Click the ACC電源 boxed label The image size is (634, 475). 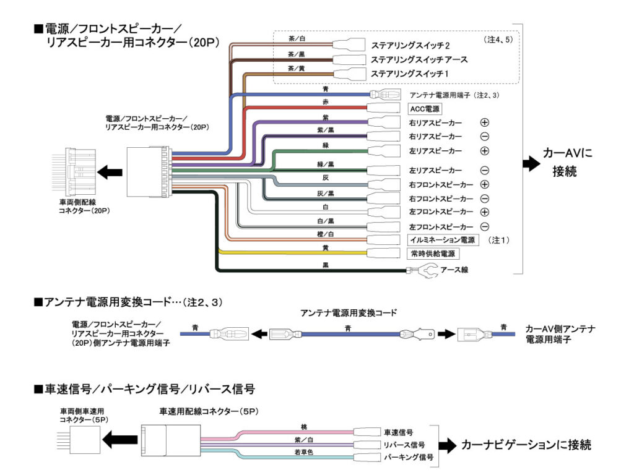point(424,109)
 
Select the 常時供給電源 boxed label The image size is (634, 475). point(434,254)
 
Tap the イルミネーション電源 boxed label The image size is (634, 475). point(442,239)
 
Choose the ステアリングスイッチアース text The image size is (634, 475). point(419,60)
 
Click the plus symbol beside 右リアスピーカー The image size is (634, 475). point(485,123)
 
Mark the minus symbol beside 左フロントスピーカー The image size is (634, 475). point(485,226)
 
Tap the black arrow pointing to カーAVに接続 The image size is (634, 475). point(531,163)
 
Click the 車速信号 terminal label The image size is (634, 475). point(399,432)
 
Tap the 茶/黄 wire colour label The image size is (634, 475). point(297,69)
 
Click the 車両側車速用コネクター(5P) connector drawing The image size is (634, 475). point(74,440)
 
